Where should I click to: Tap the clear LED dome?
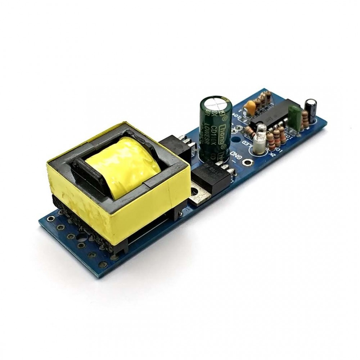[262, 127]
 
